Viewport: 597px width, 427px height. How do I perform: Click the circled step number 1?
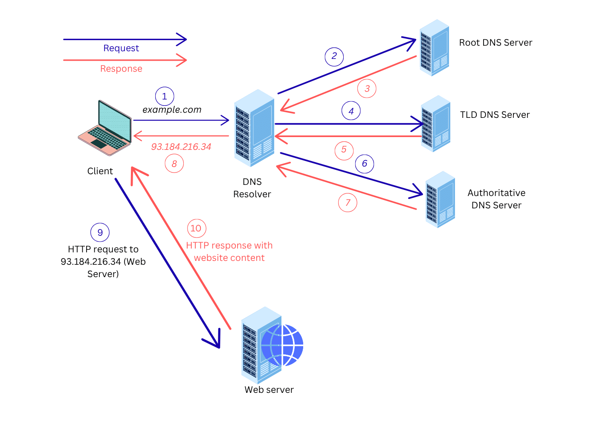(165, 97)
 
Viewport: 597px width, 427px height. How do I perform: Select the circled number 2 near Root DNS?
(334, 56)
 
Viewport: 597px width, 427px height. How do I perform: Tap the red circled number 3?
(367, 89)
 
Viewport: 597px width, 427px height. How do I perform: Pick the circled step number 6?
(365, 164)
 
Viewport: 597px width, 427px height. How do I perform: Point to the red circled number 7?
(348, 202)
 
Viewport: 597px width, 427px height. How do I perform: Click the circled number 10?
(197, 228)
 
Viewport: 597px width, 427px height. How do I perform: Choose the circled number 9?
(100, 233)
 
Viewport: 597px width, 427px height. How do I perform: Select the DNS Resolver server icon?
(254, 128)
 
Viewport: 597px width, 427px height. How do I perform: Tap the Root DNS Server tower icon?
(434, 48)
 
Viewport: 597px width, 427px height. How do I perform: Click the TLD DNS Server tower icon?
(435, 124)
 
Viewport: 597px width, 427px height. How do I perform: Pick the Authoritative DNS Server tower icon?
(440, 199)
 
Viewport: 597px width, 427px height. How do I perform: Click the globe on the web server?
(282, 345)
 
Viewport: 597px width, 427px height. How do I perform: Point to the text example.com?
(172, 110)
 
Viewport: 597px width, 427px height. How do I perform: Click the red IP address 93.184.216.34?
(181, 147)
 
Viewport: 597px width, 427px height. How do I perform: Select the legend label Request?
(121, 48)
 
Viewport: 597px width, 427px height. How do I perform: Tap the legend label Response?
(121, 69)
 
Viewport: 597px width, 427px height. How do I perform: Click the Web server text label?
(269, 390)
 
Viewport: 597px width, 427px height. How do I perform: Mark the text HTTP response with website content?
(229, 252)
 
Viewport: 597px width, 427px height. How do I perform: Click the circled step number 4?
(351, 111)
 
